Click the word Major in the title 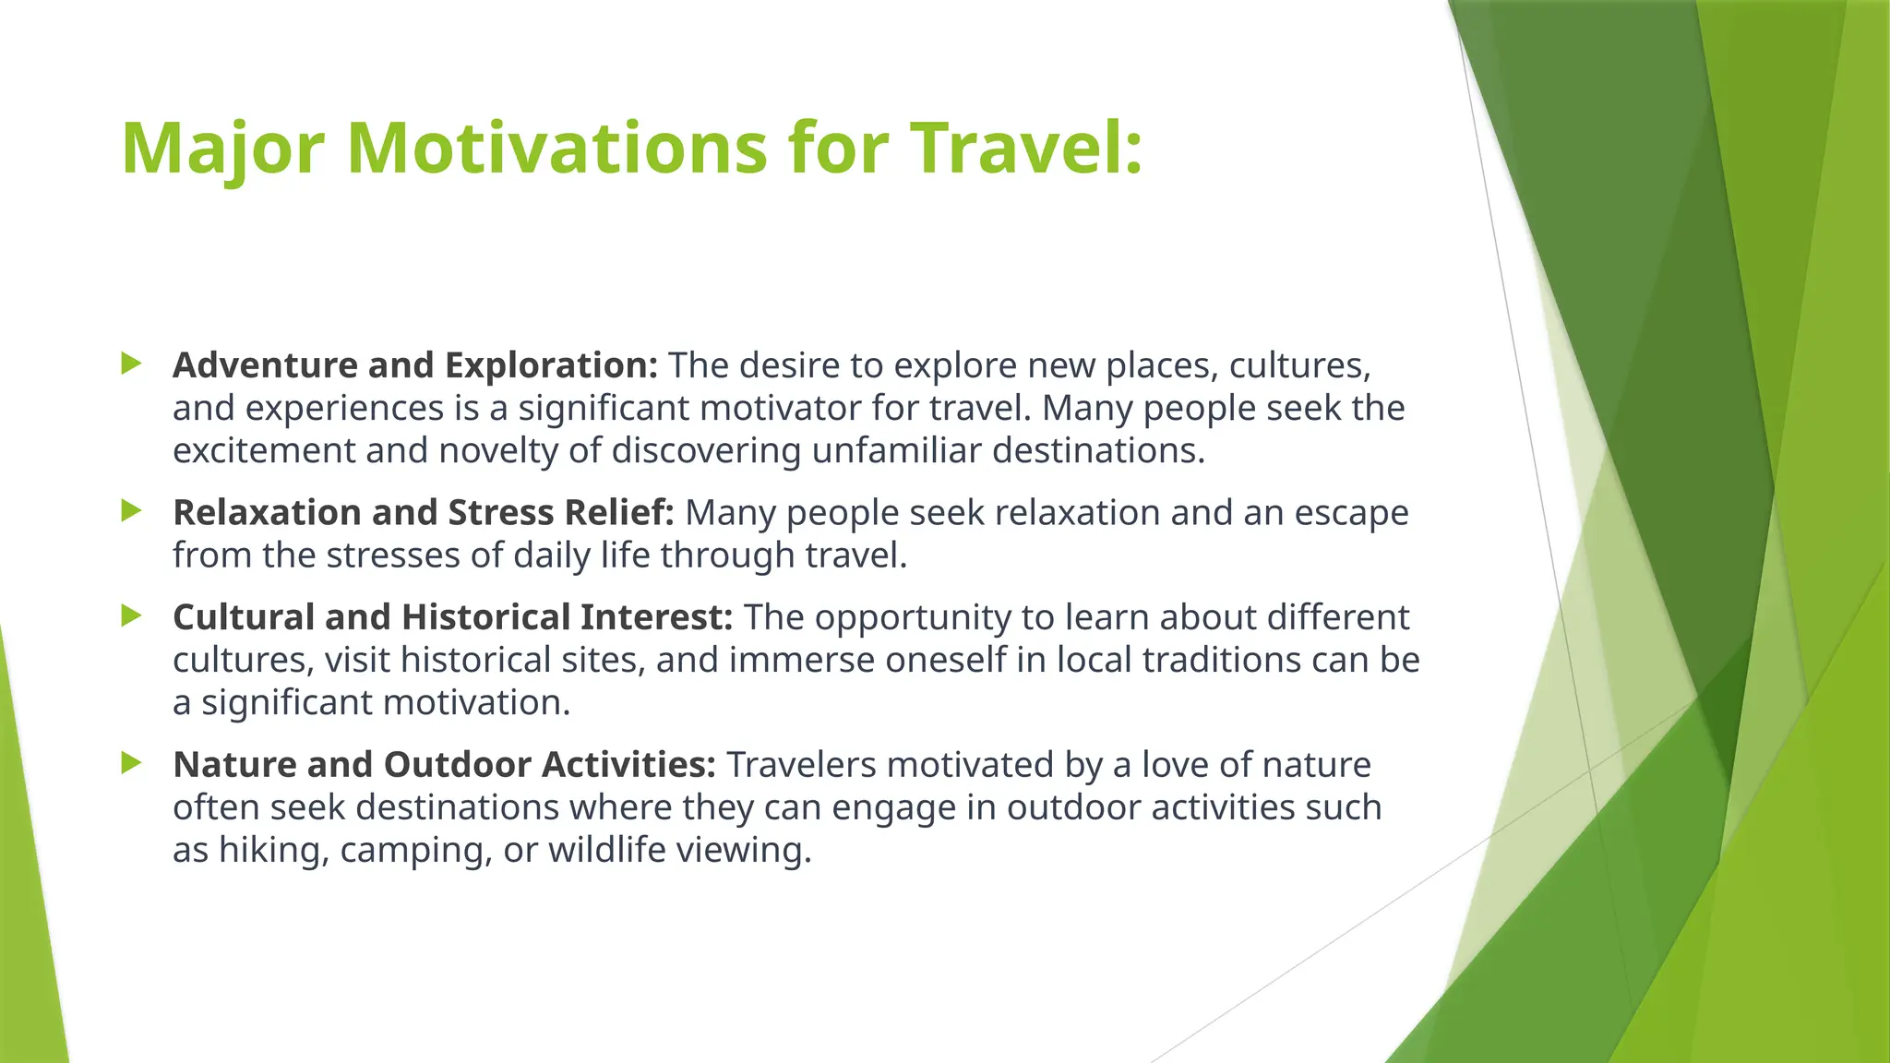(222, 149)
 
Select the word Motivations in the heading (556, 148)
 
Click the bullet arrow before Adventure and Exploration (131, 364)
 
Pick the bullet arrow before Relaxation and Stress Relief (131, 510)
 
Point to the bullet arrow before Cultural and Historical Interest (131, 615)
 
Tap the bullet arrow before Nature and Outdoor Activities (131, 763)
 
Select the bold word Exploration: (551, 366)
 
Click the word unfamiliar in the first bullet (896, 451)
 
